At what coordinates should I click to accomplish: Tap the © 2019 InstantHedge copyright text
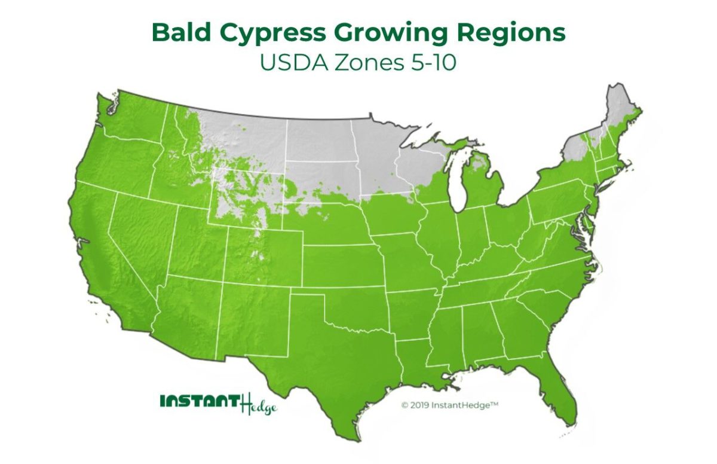[x=449, y=405]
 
